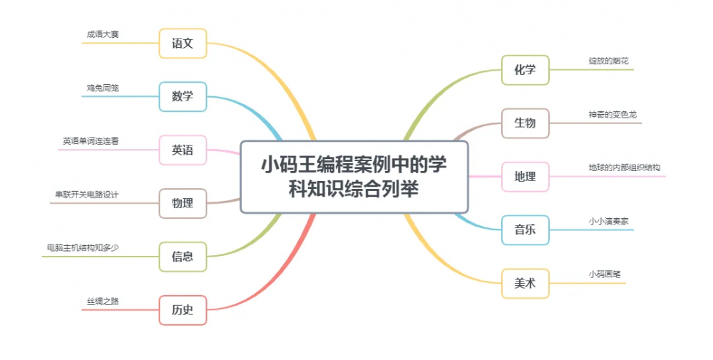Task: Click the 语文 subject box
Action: coord(183,43)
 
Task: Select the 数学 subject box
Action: coord(183,96)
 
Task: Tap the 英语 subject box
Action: coord(183,150)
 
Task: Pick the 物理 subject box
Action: coord(183,203)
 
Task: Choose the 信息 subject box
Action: coord(183,257)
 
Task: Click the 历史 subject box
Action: coord(183,310)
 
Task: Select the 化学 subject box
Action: coord(525,70)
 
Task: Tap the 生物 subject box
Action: coord(525,123)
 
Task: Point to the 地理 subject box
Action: coord(525,177)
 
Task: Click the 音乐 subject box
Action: coord(525,230)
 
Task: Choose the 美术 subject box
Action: coord(525,284)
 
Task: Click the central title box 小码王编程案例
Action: coord(354,177)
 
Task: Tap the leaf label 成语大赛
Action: coord(103,34)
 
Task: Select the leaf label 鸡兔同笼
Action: coord(103,88)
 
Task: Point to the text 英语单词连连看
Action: coord(91,141)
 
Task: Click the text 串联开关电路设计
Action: coord(87,195)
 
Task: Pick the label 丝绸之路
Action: coord(103,302)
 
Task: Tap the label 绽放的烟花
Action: coord(609,61)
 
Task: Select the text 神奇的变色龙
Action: coord(612,115)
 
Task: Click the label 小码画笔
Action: coord(605,274)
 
